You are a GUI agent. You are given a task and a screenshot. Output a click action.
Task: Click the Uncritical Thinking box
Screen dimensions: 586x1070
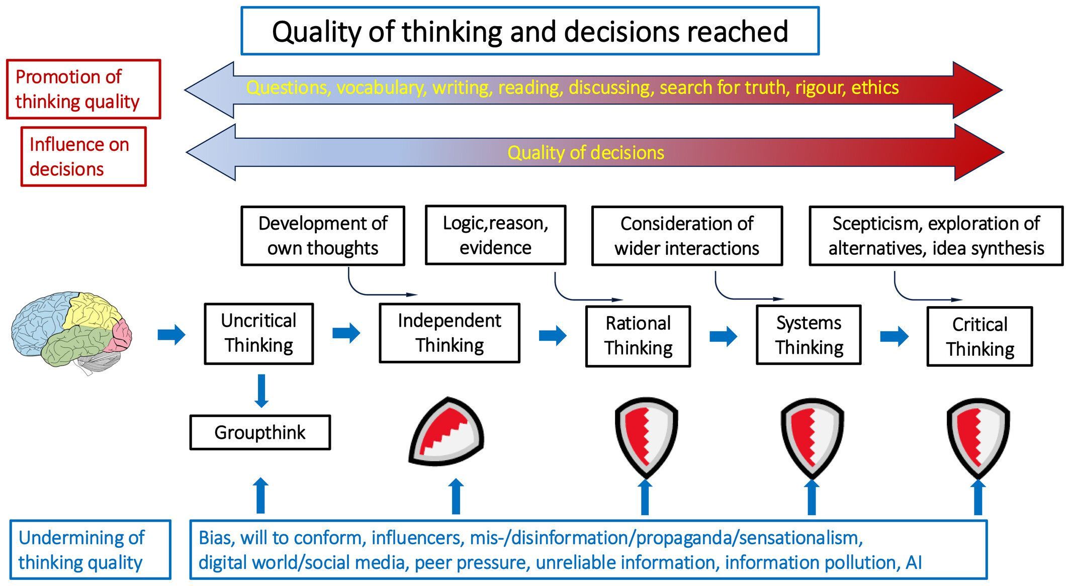pos(259,334)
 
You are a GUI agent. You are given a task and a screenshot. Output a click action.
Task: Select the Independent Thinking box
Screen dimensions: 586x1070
pos(450,333)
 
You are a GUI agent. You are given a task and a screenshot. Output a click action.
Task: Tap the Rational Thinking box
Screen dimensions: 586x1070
pos(638,336)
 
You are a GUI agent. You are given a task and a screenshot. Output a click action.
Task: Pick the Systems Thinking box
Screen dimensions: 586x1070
pos(809,335)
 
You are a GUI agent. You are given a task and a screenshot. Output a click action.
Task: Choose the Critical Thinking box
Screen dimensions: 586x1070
pos(979,337)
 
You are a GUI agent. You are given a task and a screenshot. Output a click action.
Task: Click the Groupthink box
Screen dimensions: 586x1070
pos(260,432)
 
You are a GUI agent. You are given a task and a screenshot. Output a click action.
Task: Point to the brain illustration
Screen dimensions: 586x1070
pos(71,332)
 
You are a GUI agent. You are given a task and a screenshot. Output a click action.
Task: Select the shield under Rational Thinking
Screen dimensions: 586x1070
pos(646,436)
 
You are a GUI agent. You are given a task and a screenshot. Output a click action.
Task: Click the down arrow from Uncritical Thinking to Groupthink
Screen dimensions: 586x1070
pos(261,390)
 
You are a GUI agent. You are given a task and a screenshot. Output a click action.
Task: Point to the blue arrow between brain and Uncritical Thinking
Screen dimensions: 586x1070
pos(171,334)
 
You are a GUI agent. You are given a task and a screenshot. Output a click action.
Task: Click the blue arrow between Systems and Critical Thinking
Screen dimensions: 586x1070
pos(894,336)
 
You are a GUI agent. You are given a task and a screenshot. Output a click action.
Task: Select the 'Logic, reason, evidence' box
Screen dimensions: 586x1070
pos(495,235)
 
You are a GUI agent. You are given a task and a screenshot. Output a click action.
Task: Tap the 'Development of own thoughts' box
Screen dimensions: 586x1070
pos(322,236)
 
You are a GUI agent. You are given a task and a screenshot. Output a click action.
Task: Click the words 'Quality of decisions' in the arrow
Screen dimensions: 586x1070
pos(585,153)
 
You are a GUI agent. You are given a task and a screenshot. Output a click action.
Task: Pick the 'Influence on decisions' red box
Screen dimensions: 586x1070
pos(83,157)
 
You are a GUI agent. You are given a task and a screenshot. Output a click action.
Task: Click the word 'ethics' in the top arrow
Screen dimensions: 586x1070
pos(875,88)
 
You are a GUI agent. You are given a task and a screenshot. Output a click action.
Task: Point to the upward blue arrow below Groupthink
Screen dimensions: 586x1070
pos(260,496)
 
